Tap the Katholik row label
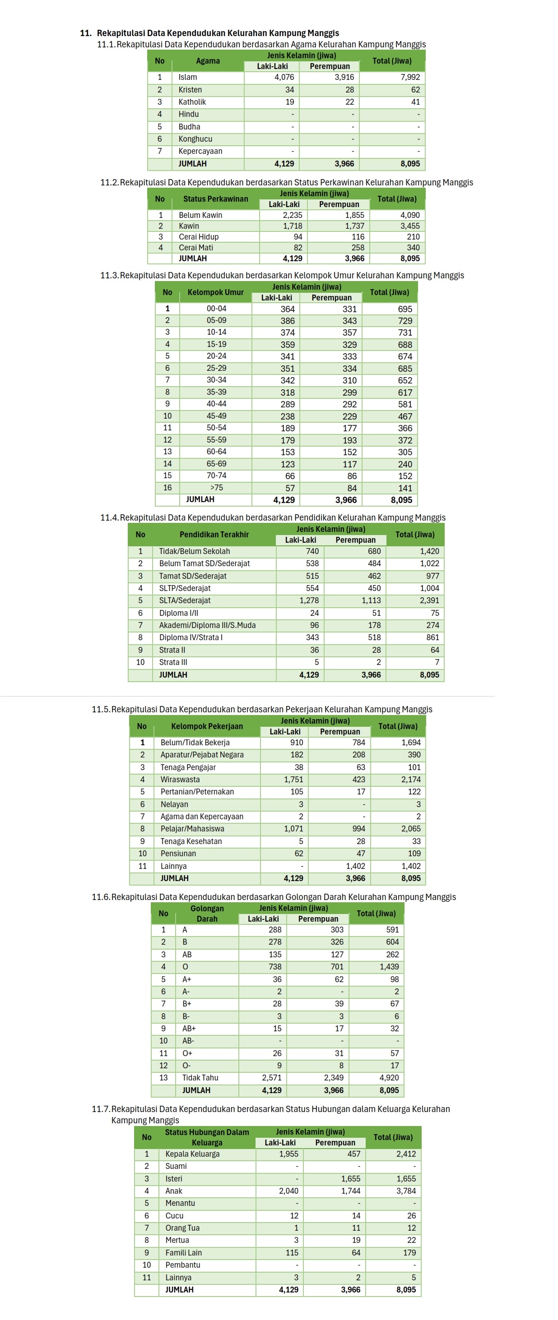[x=192, y=102]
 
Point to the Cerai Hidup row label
[x=199, y=237]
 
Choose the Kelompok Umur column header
[x=215, y=292]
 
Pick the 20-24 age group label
[x=216, y=356]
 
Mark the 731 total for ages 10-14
[x=405, y=332]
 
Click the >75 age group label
[x=216, y=488]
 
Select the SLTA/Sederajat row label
[x=185, y=600]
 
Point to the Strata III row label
[x=173, y=662]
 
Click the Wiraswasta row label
[x=180, y=780]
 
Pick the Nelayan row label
[x=174, y=804]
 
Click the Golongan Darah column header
[x=207, y=913]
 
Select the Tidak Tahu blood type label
[x=200, y=1078]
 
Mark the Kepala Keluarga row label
[x=192, y=1154]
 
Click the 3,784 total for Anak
[x=406, y=1191]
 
